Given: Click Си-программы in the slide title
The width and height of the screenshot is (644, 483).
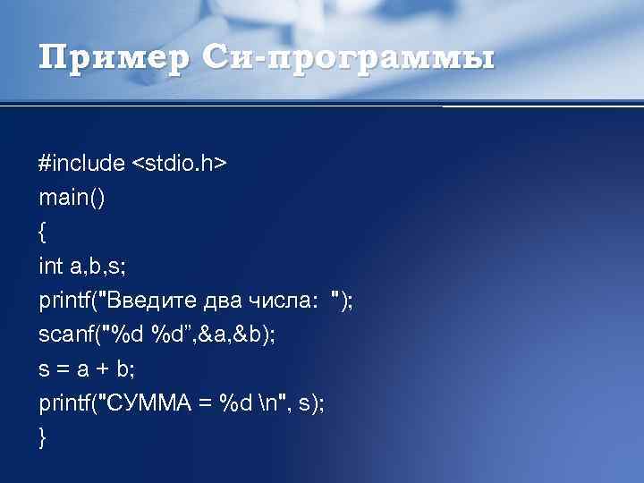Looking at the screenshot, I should point(348,60).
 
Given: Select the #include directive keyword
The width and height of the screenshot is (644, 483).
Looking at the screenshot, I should point(81,164).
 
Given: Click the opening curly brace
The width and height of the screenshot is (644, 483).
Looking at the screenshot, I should point(43,233).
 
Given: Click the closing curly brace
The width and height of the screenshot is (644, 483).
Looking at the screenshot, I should point(43,438).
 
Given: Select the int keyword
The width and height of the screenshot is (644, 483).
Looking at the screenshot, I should point(51,267).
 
